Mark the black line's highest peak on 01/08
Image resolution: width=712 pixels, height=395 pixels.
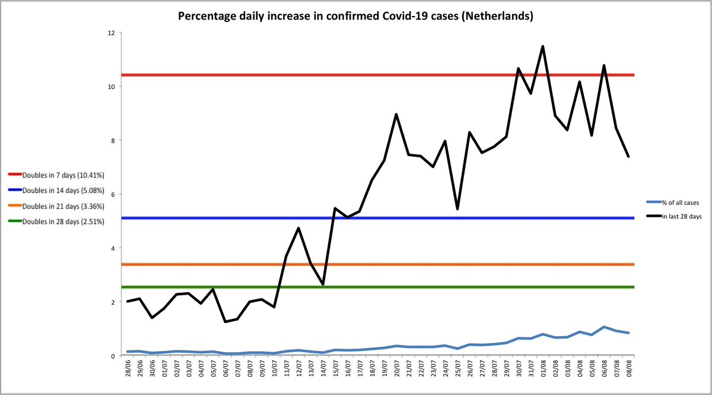[x=542, y=46]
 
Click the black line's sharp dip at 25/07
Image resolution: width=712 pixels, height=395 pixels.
[x=457, y=208]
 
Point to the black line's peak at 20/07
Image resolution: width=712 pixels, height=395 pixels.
[x=396, y=115]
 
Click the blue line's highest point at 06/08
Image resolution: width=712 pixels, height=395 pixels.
[x=603, y=327]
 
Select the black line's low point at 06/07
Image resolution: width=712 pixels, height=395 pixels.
[x=225, y=322]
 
